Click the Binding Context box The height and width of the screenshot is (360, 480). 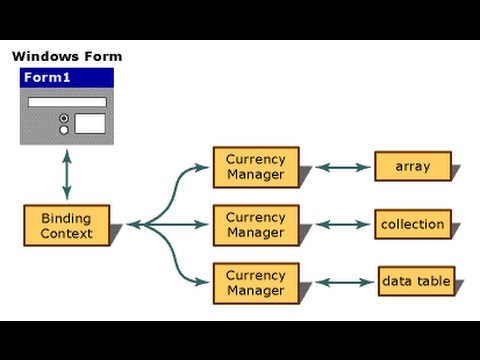click(66, 225)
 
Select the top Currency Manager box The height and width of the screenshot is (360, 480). click(255, 167)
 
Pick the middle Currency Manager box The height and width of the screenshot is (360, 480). click(255, 224)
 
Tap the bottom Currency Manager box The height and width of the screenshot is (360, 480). click(255, 282)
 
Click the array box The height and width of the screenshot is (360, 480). click(412, 167)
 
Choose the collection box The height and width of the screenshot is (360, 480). click(412, 224)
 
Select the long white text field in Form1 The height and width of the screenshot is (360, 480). click(67, 102)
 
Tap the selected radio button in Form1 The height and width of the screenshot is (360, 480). click(65, 117)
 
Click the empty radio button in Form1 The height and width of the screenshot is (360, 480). click(65, 129)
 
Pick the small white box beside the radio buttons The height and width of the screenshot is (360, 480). click(90, 123)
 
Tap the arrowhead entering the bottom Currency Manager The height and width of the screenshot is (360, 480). click(206, 283)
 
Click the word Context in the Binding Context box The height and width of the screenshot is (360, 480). click(66, 233)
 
